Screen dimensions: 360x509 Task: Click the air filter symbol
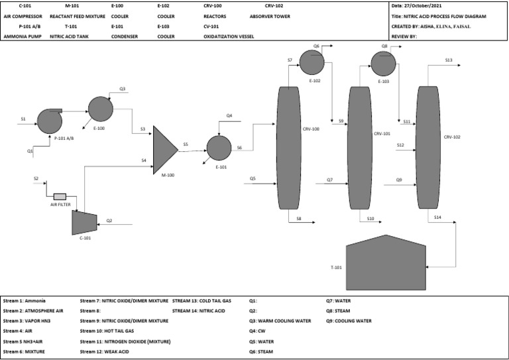tap(60, 196)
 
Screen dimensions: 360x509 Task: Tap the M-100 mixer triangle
tap(164, 149)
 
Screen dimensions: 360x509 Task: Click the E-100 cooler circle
tap(99, 109)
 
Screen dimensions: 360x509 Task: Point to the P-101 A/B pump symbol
tap(49, 121)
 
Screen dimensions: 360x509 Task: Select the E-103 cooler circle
tap(382, 64)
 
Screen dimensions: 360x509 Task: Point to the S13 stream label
tap(449, 60)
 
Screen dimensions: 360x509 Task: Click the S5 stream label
tap(186, 144)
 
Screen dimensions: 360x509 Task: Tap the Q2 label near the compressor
tap(109, 220)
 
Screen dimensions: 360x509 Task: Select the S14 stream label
tap(437, 217)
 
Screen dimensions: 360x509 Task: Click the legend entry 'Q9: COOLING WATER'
tap(348, 321)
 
